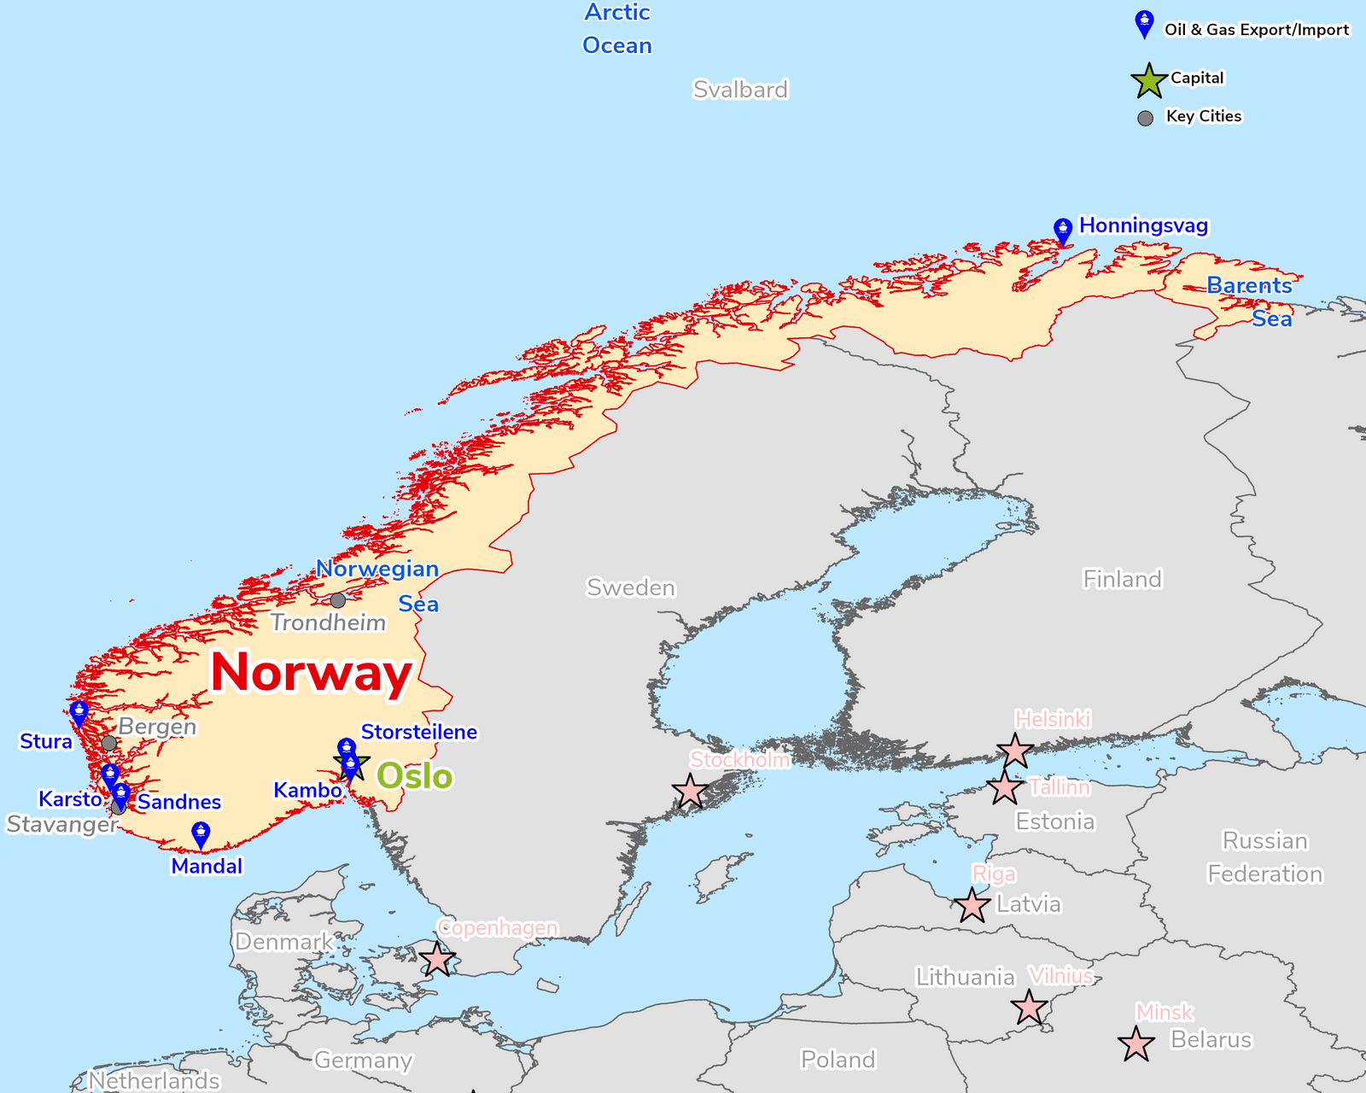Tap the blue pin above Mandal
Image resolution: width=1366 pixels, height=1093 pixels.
[201, 834]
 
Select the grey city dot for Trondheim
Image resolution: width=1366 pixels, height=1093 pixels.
[338, 600]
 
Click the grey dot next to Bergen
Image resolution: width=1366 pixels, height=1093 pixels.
[109, 743]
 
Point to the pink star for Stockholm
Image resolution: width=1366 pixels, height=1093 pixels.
[690, 792]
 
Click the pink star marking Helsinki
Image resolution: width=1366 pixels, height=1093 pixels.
[1015, 751]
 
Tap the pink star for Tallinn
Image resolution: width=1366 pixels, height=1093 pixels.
[1005, 787]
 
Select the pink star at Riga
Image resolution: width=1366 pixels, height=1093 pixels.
[972, 905]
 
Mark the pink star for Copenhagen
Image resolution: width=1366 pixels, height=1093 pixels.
[437, 960]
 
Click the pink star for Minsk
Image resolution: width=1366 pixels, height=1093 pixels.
[1136, 1044]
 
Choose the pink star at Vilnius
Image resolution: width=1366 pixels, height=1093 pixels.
[1029, 1008]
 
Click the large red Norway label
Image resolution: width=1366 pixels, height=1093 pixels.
[312, 673]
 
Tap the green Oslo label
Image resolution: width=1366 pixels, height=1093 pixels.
[415, 776]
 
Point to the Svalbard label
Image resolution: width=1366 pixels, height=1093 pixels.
[740, 90]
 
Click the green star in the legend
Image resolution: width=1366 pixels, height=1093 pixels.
[1149, 80]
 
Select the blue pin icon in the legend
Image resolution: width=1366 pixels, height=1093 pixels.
[1144, 25]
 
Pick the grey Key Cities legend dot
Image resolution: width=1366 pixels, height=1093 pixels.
[1146, 118]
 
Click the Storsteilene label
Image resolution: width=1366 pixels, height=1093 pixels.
[419, 732]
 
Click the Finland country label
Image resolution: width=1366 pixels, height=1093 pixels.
[1122, 579]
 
